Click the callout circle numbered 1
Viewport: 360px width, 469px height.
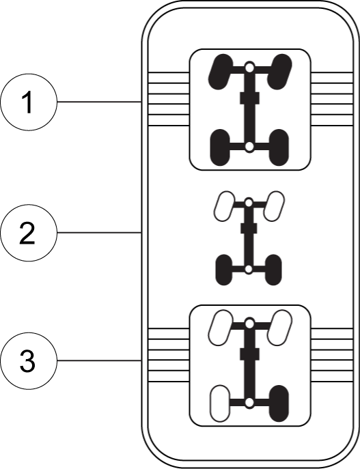(x=29, y=102)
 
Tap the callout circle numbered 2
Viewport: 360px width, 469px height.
(x=29, y=232)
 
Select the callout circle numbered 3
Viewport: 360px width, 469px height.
(x=29, y=360)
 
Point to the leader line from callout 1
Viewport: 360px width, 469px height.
(x=99, y=102)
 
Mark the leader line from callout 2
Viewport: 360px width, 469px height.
(x=99, y=232)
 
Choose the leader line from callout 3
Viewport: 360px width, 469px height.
(x=99, y=360)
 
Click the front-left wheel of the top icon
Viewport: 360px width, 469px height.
(x=221, y=72)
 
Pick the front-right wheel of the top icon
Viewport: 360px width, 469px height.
(x=279, y=72)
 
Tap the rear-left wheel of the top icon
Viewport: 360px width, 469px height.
(x=220, y=147)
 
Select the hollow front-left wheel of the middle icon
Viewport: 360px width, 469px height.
(x=224, y=206)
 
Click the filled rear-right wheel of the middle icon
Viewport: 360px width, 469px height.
(x=273, y=270)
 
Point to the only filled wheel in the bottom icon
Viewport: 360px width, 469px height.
(x=279, y=403)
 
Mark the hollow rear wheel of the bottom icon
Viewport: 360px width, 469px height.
(x=220, y=403)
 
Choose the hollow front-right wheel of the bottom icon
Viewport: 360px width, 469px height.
(x=279, y=328)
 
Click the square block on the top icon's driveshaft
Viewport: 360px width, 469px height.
(x=249, y=98)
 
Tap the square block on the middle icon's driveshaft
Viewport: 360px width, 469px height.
(x=249, y=228)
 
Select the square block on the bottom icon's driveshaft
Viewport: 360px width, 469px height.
(x=249, y=354)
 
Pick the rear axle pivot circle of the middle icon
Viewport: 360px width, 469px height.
(x=249, y=270)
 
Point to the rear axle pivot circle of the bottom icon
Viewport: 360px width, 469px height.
(x=249, y=403)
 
